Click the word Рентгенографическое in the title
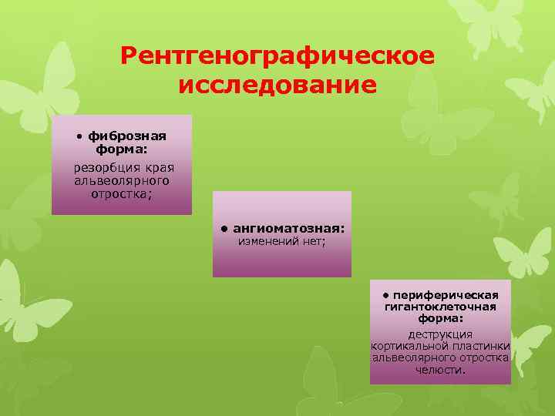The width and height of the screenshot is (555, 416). coord(277,55)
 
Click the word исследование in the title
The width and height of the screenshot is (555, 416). coord(277,85)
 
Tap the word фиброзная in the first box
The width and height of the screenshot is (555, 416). coord(127,136)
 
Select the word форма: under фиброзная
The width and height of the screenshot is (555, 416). coord(122,149)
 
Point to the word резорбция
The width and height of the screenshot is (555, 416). coord(101,167)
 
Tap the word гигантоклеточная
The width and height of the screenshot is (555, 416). coord(440,307)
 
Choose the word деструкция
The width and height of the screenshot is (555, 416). coord(440,334)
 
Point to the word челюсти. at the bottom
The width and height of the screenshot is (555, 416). coord(440,371)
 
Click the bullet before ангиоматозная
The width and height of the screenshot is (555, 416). coord(222,229)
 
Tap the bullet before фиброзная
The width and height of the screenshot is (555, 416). coord(79,137)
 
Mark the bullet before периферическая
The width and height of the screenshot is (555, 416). coord(385,295)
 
